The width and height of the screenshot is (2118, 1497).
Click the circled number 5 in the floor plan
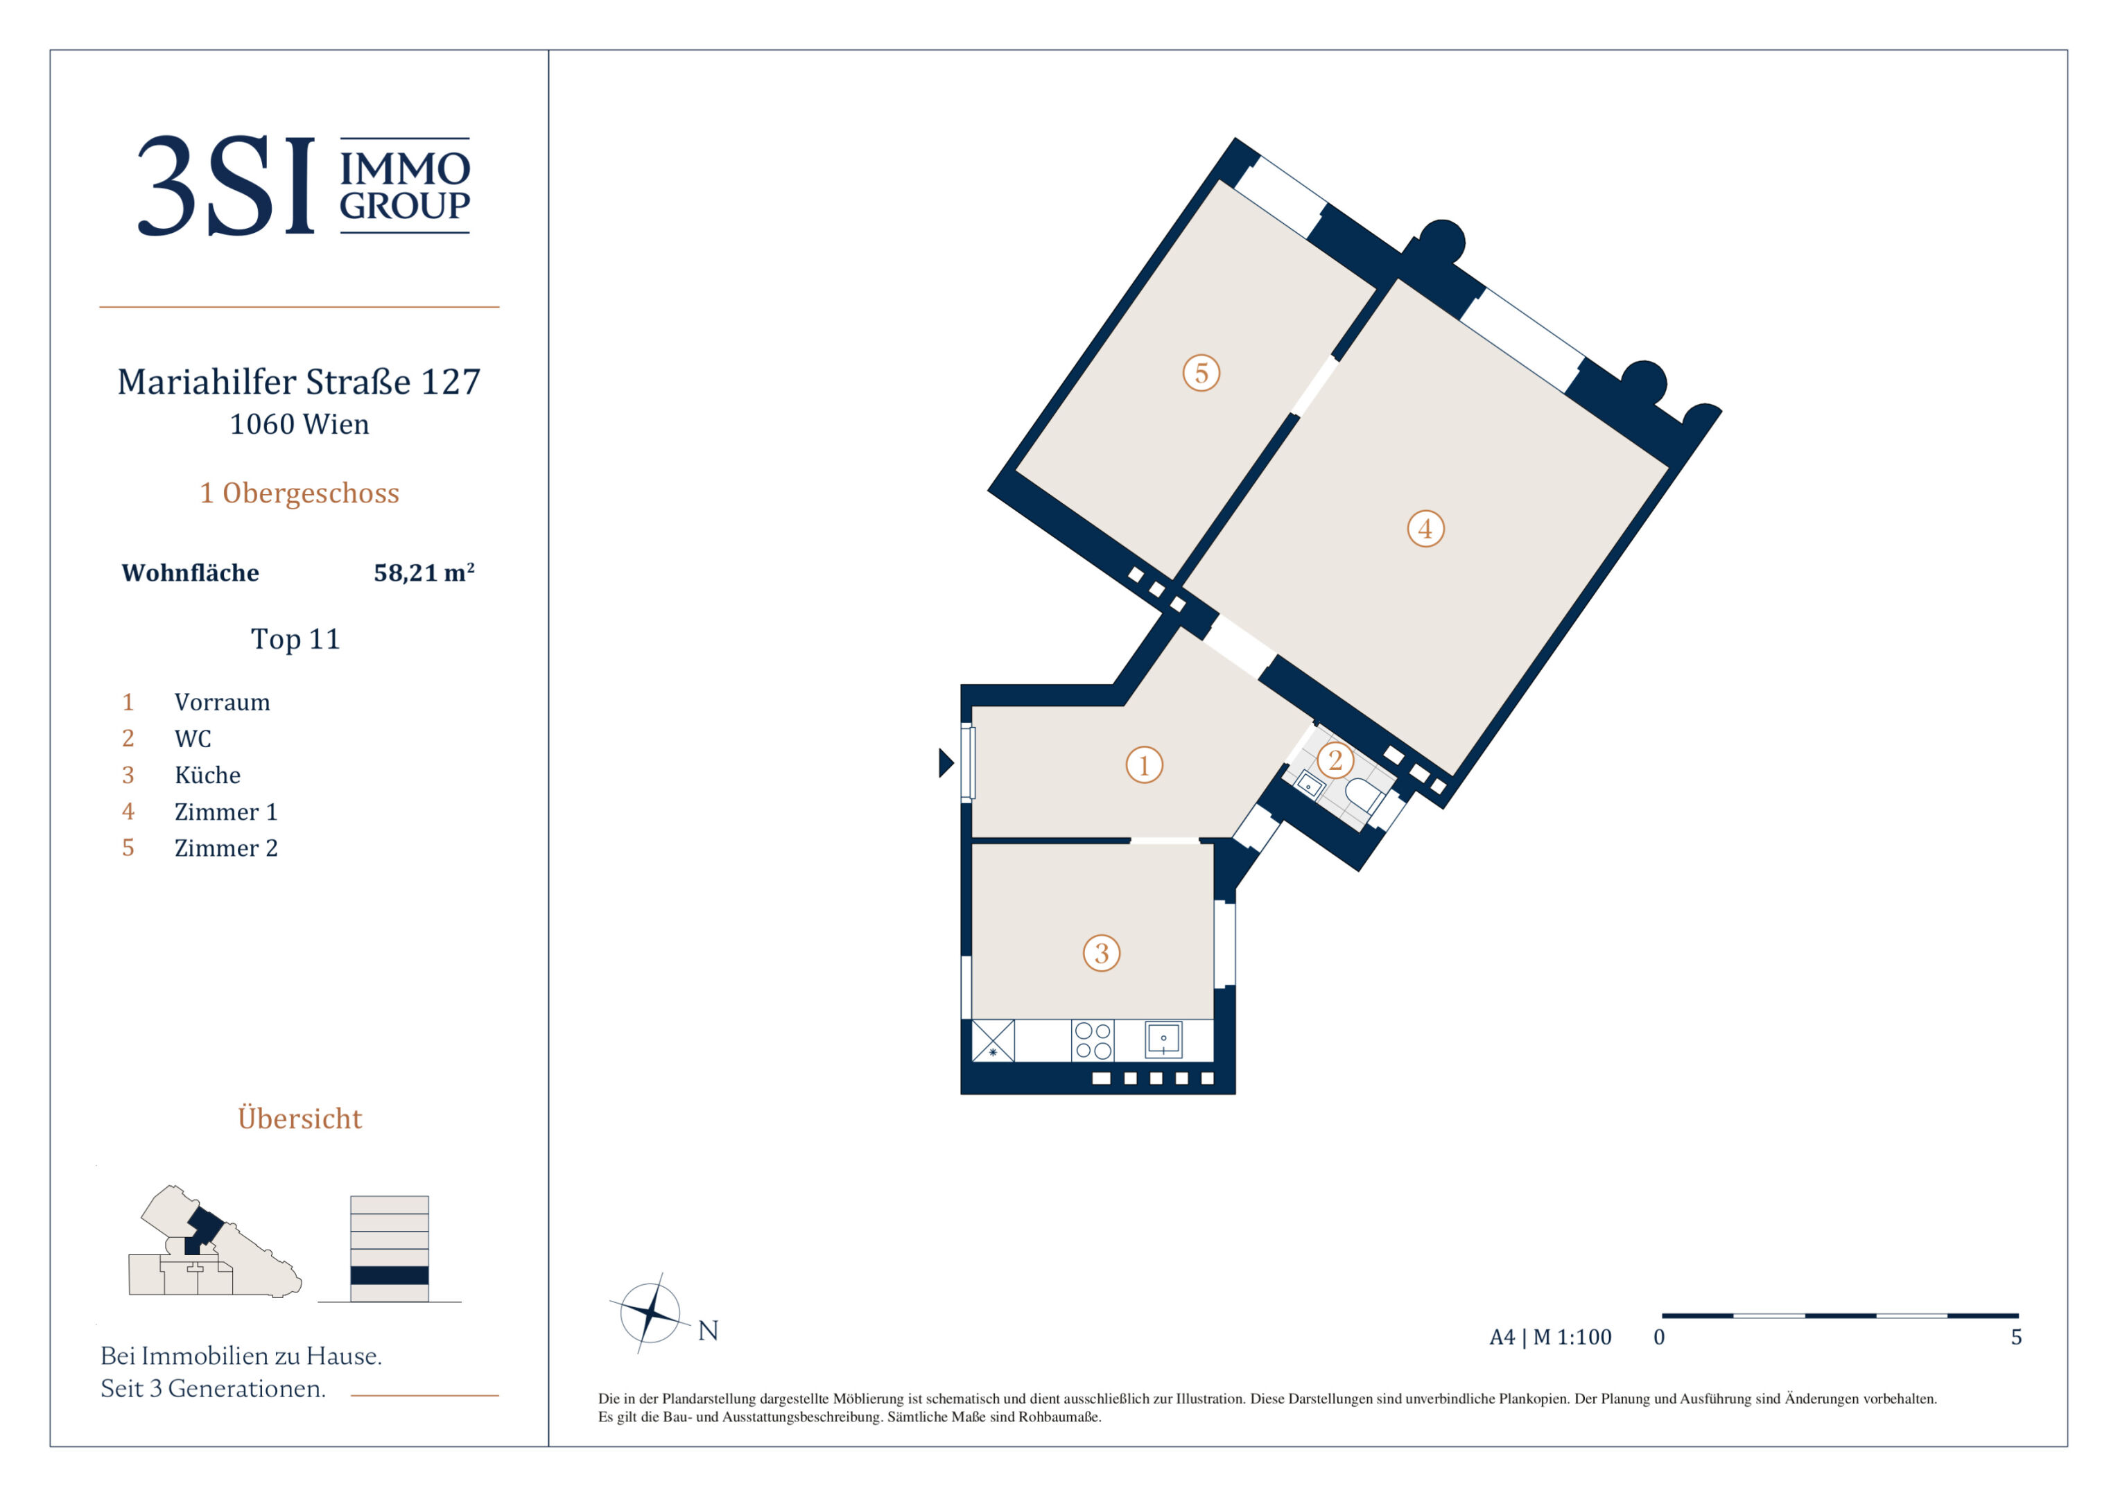[x=1201, y=374]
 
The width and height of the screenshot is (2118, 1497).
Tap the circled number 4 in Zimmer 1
[x=1425, y=529]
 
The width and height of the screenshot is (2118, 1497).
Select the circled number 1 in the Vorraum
[x=1144, y=764]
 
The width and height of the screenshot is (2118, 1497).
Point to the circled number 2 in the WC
[x=1335, y=761]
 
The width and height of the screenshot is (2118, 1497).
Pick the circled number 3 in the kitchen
[x=1102, y=953]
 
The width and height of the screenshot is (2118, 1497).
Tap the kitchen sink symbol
[x=1163, y=1040]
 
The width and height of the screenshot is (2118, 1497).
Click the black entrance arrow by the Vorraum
[x=946, y=763]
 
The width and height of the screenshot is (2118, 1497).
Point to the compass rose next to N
[x=650, y=1311]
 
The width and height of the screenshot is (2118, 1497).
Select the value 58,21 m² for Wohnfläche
[x=424, y=572]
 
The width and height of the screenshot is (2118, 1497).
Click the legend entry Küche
[x=207, y=775]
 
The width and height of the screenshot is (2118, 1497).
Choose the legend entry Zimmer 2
[x=226, y=848]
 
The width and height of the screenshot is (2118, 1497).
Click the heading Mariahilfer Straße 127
[x=299, y=381]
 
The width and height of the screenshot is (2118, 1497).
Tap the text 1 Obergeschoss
[x=300, y=493]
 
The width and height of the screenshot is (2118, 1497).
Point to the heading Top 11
[x=295, y=638]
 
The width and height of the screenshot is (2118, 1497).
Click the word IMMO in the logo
[x=405, y=169]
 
